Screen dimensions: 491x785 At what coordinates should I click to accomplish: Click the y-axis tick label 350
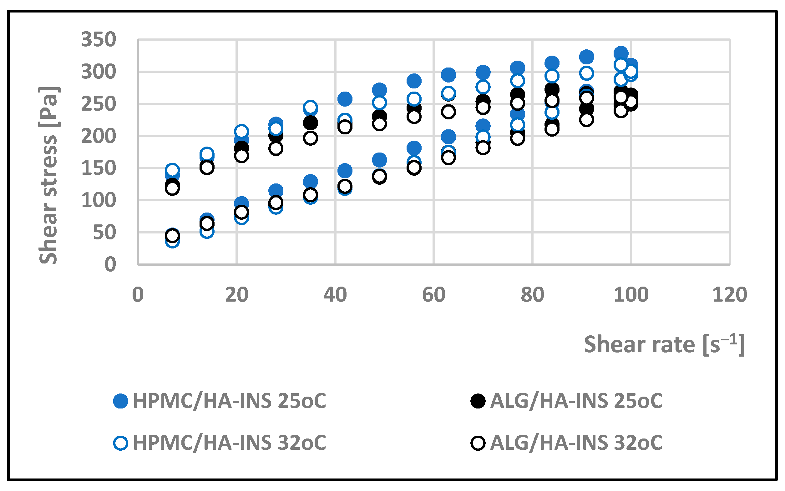click(98, 40)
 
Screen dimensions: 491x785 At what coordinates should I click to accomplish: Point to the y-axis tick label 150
click(98, 168)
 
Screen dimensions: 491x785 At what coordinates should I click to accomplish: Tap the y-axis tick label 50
click(104, 233)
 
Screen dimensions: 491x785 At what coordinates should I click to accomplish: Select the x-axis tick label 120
click(729, 295)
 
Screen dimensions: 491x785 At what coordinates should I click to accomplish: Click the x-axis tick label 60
click(433, 295)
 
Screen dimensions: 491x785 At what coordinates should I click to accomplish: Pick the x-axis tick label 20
click(236, 295)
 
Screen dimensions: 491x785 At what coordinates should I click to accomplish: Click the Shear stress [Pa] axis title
click(48, 175)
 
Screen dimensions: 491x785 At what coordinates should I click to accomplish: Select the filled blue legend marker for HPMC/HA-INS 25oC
click(120, 401)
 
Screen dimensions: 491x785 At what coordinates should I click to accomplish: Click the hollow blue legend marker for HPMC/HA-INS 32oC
click(120, 443)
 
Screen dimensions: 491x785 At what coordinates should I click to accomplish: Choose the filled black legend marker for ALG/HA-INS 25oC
click(478, 401)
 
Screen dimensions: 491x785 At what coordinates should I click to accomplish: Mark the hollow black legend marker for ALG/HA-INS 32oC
click(478, 443)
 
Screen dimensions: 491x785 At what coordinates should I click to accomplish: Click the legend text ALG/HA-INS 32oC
click(576, 443)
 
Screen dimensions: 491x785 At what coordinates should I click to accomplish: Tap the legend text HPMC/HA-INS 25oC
click(229, 401)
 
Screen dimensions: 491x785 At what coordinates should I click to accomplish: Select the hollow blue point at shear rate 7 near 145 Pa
click(172, 170)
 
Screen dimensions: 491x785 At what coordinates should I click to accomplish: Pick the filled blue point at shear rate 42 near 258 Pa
click(345, 99)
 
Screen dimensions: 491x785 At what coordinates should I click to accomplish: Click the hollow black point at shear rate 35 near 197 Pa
click(310, 138)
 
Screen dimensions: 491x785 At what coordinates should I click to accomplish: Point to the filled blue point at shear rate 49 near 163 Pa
click(379, 160)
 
